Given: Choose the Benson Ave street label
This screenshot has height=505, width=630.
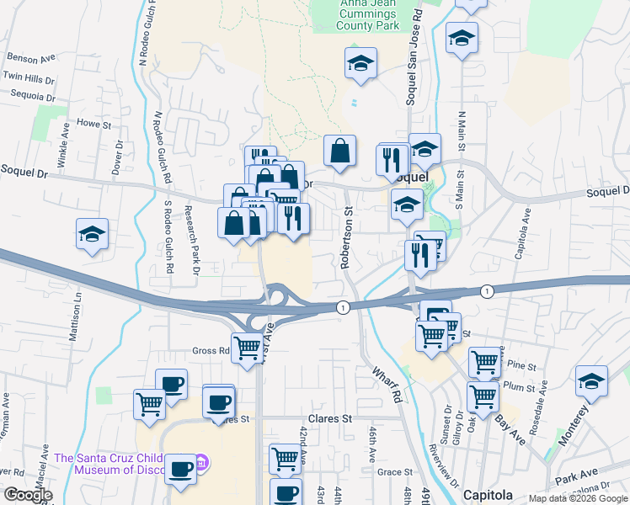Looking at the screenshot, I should (x=30, y=58).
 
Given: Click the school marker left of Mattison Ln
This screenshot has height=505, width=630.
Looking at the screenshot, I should (x=92, y=235).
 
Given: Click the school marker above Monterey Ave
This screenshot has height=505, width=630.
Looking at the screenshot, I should (x=591, y=381).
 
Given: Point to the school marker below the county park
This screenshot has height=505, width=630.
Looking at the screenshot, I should (x=360, y=63).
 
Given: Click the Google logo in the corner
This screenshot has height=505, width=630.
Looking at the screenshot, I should (x=28, y=495).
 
